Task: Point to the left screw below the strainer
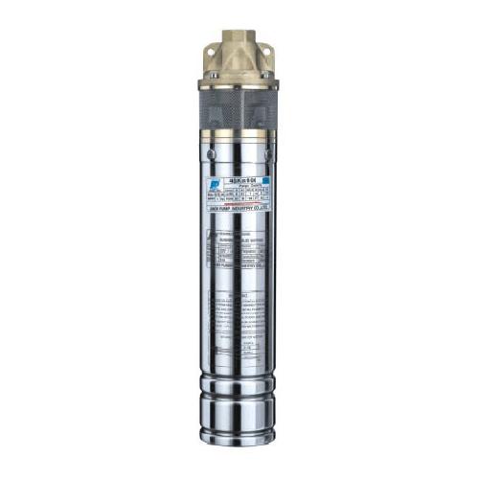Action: coord(210,150)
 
